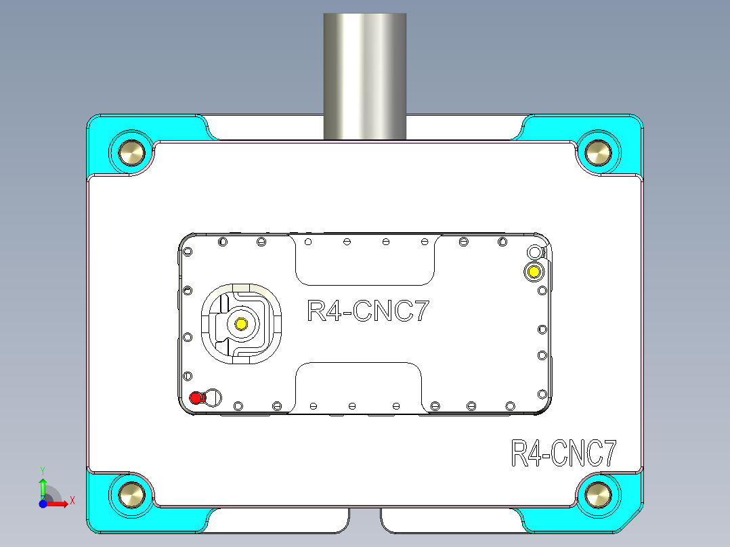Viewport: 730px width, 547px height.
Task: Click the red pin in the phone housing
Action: click(x=196, y=398)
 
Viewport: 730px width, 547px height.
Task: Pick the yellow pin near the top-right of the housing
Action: click(x=534, y=272)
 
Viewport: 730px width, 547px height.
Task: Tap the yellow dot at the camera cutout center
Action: click(x=240, y=324)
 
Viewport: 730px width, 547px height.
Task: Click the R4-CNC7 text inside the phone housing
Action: click(x=368, y=311)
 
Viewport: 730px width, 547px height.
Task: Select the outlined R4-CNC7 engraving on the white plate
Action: click(x=563, y=454)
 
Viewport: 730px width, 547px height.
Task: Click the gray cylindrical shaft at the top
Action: click(x=365, y=74)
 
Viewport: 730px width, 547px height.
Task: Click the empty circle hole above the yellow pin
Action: click(x=534, y=253)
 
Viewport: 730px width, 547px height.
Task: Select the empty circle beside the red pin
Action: click(x=213, y=397)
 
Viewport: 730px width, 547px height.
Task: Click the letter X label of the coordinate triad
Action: click(x=72, y=500)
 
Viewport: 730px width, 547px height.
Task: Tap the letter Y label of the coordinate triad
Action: click(x=43, y=469)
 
